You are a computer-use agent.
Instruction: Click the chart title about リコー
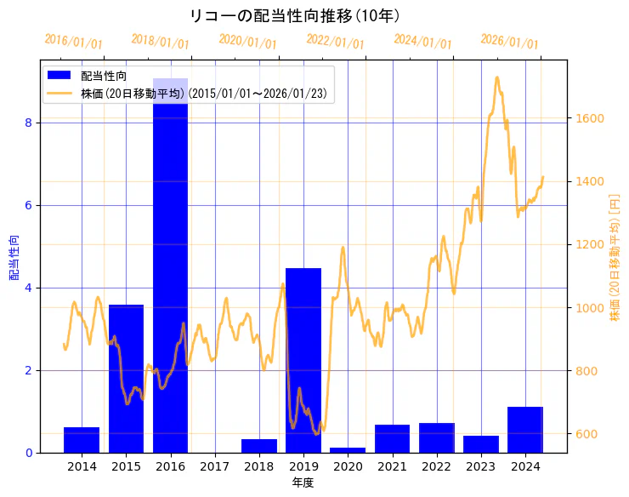click(x=294, y=16)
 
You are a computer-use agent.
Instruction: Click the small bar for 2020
click(x=348, y=449)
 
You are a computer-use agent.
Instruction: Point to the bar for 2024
click(x=525, y=430)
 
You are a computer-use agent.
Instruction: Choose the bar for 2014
click(x=82, y=440)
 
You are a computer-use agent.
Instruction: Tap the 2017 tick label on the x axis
click(x=215, y=466)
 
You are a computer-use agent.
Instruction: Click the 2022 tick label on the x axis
click(x=437, y=466)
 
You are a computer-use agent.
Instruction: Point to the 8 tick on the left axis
click(x=28, y=123)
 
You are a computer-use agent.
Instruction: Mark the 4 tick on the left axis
click(x=28, y=288)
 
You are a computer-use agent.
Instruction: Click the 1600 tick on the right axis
click(x=589, y=118)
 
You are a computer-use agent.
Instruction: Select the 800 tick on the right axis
click(x=586, y=371)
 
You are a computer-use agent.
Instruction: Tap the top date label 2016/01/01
click(x=73, y=42)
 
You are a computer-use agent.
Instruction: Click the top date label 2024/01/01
click(x=422, y=42)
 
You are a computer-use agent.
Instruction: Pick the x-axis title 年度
click(x=303, y=483)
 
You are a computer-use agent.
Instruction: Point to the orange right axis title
click(x=615, y=256)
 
